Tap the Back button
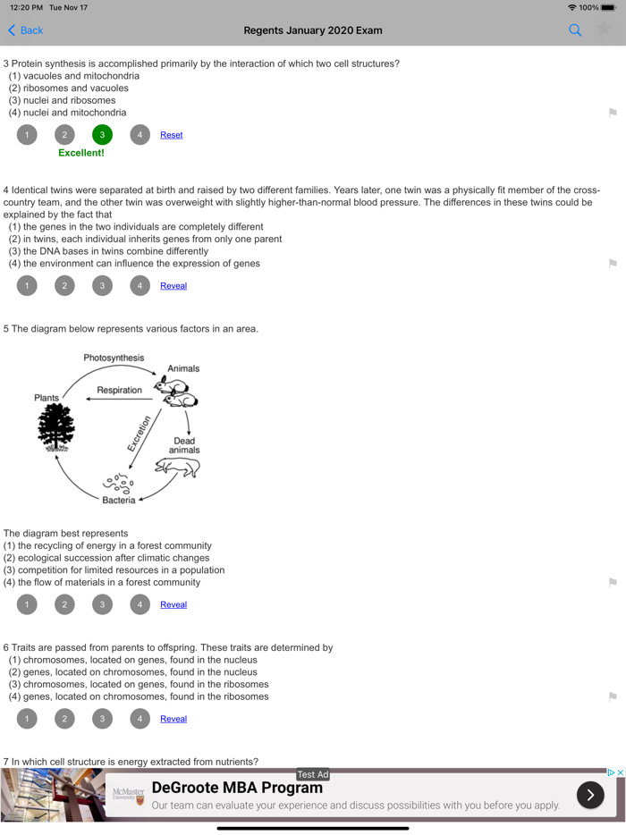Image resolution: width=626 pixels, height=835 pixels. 25,30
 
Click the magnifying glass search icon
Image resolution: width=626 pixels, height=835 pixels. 575,30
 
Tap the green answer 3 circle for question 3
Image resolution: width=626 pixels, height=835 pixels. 102,135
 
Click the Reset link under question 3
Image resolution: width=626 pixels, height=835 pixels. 171,135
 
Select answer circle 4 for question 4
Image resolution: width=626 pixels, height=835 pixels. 140,286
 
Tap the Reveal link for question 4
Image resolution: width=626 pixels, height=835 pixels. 173,286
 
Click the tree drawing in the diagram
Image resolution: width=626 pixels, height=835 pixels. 56,426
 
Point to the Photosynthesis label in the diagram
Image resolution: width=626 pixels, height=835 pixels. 114,358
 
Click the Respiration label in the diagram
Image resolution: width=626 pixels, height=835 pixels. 119,390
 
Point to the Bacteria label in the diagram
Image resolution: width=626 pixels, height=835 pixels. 118,500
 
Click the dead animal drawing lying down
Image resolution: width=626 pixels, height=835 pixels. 177,468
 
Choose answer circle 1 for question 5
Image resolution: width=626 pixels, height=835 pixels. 27,604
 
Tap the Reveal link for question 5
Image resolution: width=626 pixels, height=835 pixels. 173,604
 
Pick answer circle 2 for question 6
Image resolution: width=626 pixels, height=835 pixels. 64,719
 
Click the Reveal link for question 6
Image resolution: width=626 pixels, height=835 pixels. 173,719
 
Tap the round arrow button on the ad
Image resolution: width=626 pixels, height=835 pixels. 590,795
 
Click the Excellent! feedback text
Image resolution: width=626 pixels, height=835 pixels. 81,153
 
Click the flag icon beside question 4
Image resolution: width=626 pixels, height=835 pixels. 613,264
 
